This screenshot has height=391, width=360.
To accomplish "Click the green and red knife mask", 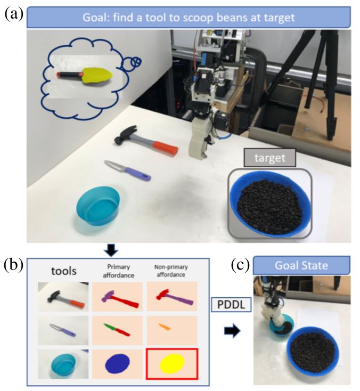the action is tap(116, 329).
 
